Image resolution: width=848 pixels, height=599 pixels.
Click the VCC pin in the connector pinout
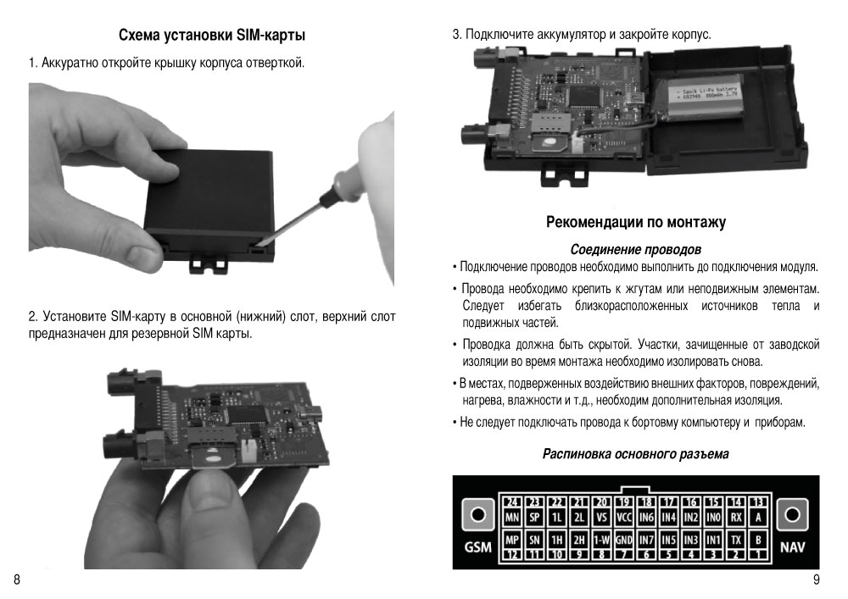pos(624,518)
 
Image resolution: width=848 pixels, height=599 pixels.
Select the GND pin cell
pos(624,540)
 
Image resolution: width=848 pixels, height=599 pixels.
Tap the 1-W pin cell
pos(602,540)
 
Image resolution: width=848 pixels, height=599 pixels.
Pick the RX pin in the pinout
pos(736,518)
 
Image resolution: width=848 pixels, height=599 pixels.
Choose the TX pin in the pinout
pos(736,540)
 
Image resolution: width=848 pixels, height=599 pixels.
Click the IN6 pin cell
pos(646,518)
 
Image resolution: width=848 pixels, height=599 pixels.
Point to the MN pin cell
pos(511,518)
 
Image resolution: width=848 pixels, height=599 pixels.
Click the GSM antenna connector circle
pos(477,514)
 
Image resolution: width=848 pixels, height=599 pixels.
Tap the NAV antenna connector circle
pos(792,514)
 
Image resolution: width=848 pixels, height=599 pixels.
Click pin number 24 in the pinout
pos(511,503)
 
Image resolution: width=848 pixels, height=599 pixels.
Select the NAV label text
pos(792,547)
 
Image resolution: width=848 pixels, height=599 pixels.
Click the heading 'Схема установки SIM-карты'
pos(212,36)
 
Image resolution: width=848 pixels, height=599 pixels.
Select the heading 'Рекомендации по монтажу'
pos(636,222)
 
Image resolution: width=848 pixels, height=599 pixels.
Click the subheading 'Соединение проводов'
pos(636,250)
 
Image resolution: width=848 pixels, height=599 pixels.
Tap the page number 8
pos(17,580)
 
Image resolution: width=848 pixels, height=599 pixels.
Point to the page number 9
pos(816,580)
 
